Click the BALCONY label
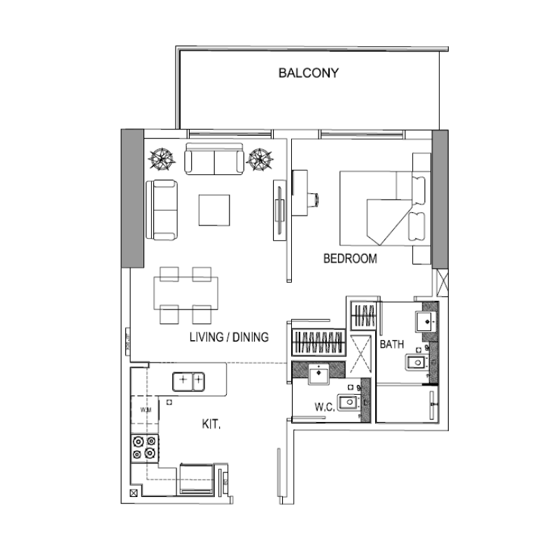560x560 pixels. point(309,73)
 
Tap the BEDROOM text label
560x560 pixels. point(350,259)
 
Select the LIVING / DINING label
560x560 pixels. point(230,337)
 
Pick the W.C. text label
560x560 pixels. point(323,406)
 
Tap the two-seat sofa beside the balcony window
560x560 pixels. point(214,160)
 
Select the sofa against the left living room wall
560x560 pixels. point(162,209)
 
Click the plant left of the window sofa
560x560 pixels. point(162,157)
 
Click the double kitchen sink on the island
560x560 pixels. point(190,381)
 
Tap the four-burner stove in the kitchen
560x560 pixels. point(143,447)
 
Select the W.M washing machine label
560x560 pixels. point(145,410)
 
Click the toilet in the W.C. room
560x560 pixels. point(350,402)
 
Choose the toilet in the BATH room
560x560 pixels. point(417,361)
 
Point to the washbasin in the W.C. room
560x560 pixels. point(319,373)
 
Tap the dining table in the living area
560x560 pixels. point(186,294)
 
